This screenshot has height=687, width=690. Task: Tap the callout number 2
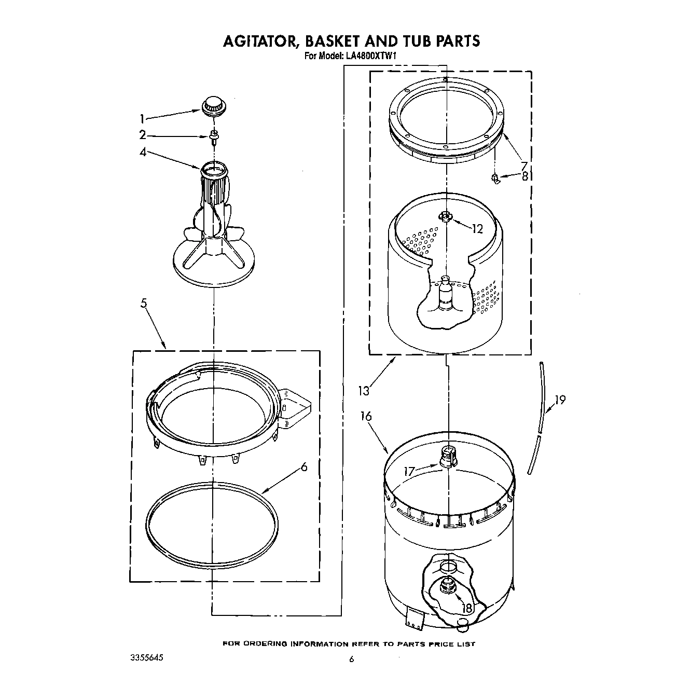pos(142,135)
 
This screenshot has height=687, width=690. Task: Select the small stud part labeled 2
pos(213,136)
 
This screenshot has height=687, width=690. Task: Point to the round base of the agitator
pos(213,266)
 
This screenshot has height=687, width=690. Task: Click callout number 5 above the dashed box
pos(144,304)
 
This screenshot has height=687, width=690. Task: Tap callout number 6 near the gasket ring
pos(303,467)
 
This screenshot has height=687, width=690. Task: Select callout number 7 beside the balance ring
pos(524,166)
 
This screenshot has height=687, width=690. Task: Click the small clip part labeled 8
pos(495,179)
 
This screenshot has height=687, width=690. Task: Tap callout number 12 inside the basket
pos(477,228)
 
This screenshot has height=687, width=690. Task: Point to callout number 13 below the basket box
pos(364,390)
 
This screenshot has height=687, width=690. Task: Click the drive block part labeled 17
pos(447,457)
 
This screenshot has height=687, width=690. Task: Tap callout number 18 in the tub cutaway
pos(467,609)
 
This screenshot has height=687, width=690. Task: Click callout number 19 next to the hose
pos(559,400)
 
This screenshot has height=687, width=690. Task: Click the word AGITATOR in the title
pos(262,41)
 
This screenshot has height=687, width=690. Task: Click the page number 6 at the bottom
pos(351,659)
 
